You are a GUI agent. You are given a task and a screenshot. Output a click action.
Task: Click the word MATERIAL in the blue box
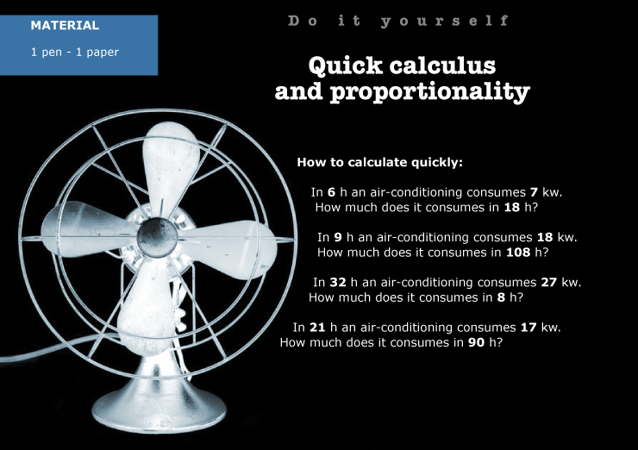[65, 25]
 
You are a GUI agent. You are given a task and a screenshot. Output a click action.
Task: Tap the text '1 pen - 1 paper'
[75, 52]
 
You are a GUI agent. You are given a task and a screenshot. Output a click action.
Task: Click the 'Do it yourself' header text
[398, 21]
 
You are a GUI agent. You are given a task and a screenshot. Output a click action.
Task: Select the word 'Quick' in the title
[345, 66]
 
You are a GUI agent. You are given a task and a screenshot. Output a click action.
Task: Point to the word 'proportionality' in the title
[430, 91]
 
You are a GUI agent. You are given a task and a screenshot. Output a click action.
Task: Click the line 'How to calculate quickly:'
[379, 162]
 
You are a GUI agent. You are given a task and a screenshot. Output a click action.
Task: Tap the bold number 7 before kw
[534, 192]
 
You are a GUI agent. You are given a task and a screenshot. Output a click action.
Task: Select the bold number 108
[518, 253]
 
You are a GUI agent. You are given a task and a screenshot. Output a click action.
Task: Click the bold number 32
[338, 282]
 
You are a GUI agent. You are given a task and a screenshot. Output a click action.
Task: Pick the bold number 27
[548, 282]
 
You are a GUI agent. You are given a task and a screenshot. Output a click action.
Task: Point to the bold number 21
[317, 327]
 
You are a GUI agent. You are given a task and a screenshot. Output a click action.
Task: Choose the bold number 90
[476, 342]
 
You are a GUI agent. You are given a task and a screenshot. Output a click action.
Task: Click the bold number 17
[529, 327]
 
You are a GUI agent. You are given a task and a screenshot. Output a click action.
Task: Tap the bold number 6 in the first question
[331, 192]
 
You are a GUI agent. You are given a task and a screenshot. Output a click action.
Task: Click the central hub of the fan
[157, 237]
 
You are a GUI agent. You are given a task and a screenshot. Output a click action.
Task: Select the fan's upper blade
[171, 163]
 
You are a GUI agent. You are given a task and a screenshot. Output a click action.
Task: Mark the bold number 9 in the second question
[338, 237]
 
